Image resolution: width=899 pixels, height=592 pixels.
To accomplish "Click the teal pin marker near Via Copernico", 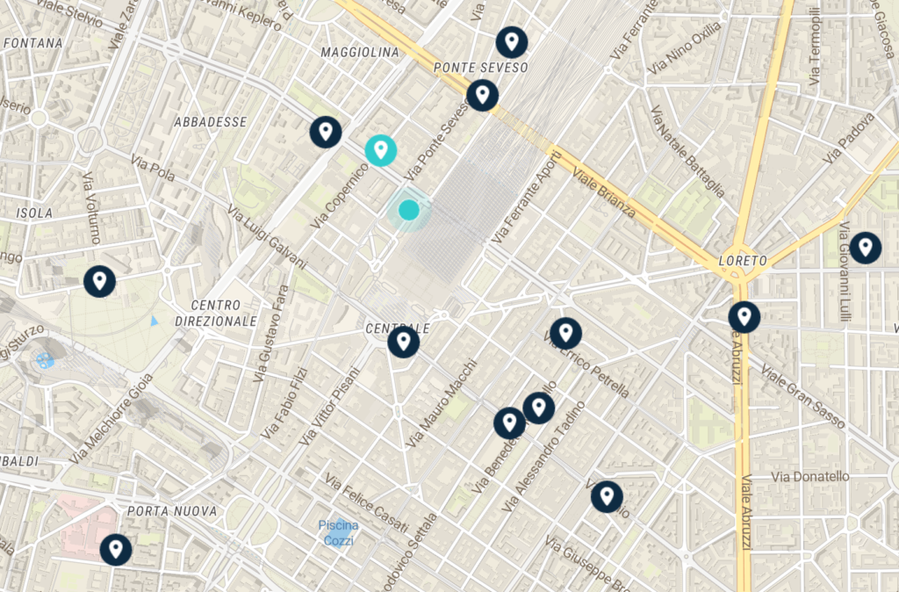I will tap(381, 150).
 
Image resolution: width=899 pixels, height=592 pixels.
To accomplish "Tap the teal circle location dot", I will tap(408, 210).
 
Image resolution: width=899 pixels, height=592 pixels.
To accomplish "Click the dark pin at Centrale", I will tap(404, 341).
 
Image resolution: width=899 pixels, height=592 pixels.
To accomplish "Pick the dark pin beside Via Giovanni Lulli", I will tap(866, 248).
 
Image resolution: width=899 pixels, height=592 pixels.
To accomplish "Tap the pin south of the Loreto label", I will tap(744, 316).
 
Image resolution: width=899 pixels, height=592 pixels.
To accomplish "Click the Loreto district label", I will tap(743, 261).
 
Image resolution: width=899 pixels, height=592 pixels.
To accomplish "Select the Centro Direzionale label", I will tap(216, 314).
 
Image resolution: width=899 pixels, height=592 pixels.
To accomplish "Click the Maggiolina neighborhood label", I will tap(360, 53).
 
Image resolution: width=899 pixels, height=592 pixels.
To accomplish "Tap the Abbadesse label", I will tap(211, 122).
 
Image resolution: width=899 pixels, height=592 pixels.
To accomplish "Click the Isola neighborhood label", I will tap(34, 213).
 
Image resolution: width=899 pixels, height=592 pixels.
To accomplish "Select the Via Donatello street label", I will tap(810, 477).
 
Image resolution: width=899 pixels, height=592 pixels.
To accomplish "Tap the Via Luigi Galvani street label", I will tap(267, 238).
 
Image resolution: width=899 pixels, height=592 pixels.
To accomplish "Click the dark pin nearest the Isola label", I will tap(99, 281).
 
